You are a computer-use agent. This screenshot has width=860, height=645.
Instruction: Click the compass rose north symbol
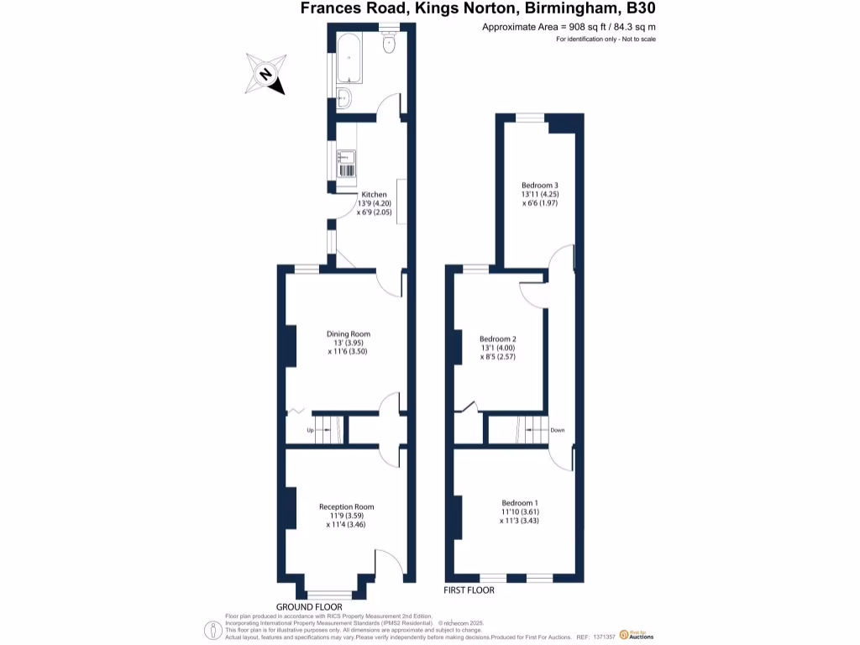(x=265, y=74)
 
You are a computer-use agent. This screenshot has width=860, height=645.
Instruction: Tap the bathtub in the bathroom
(x=349, y=58)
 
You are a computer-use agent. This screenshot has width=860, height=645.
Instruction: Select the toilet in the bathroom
(x=389, y=44)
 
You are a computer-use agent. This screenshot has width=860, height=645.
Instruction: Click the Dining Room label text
(x=349, y=334)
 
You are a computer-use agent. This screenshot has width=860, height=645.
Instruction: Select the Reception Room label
(x=346, y=507)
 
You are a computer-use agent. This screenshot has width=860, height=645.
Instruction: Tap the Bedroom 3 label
(x=539, y=185)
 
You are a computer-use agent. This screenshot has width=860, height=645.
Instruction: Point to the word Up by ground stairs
(x=310, y=430)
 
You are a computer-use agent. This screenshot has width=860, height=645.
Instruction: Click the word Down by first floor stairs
(x=558, y=430)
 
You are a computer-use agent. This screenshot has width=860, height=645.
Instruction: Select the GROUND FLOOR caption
(x=309, y=606)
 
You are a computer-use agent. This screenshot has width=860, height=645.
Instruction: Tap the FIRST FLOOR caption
(x=469, y=590)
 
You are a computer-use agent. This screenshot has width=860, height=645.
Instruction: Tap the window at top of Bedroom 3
(x=531, y=118)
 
